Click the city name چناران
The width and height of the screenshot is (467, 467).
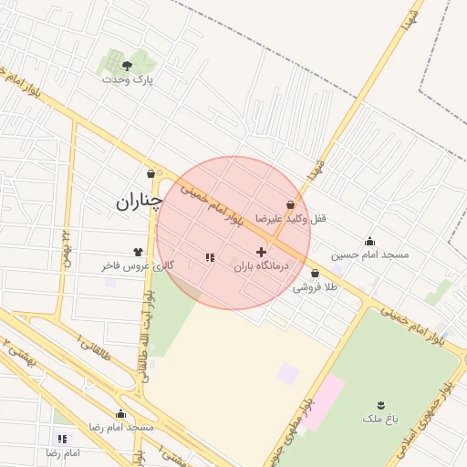point(139,202)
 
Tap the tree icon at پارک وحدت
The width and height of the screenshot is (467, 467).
point(127,65)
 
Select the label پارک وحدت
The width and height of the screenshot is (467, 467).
point(127,80)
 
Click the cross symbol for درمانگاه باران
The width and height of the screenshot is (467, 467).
point(261,252)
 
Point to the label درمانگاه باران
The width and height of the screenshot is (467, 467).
point(261,266)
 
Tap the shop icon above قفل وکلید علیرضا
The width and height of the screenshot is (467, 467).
point(290,204)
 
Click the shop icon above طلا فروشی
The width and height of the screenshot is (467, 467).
point(315,273)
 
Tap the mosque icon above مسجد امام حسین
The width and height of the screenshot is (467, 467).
point(369,241)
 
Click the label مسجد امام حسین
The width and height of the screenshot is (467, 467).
point(369,255)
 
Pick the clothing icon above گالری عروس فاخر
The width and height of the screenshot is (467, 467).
point(138,252)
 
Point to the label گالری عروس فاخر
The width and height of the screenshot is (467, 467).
point(138,266)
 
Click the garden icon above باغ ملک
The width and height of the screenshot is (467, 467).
point(380,404)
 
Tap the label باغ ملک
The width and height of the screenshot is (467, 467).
point(380,419)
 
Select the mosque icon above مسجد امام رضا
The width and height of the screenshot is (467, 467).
point(120,413)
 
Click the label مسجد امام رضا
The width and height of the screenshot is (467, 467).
point(120,428)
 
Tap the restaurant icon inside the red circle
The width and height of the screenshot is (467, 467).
point(210,257)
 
